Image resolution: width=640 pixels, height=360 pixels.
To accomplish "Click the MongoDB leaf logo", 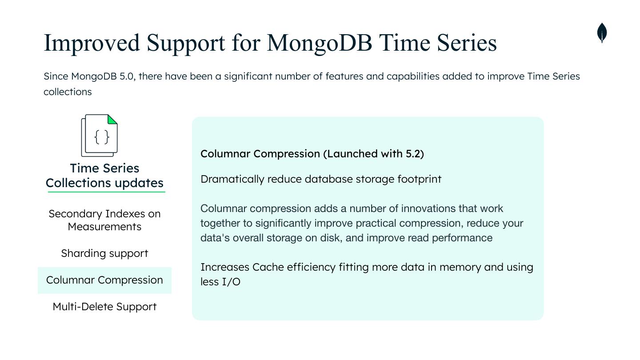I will (602, 33).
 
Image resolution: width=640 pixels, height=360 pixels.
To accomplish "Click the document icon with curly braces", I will (100, 136).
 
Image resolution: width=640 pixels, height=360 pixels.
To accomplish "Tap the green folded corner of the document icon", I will (112, 119).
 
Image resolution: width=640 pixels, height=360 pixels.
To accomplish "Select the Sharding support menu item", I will (104, 253).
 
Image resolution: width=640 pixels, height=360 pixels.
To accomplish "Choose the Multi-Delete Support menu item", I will (104, 307).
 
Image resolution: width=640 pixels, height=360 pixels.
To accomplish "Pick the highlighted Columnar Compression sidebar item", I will (104, 280).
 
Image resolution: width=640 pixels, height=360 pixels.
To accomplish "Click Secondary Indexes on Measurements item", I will (104, 220).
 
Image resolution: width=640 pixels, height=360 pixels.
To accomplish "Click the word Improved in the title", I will (92, 43).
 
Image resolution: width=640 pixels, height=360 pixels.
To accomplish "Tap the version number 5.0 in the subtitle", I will (126, 76).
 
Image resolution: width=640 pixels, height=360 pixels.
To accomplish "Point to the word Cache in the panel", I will (268, 267).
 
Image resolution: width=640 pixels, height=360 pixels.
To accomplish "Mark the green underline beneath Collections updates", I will (105, 192).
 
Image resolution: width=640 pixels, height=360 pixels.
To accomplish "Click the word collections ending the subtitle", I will (68, 92).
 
